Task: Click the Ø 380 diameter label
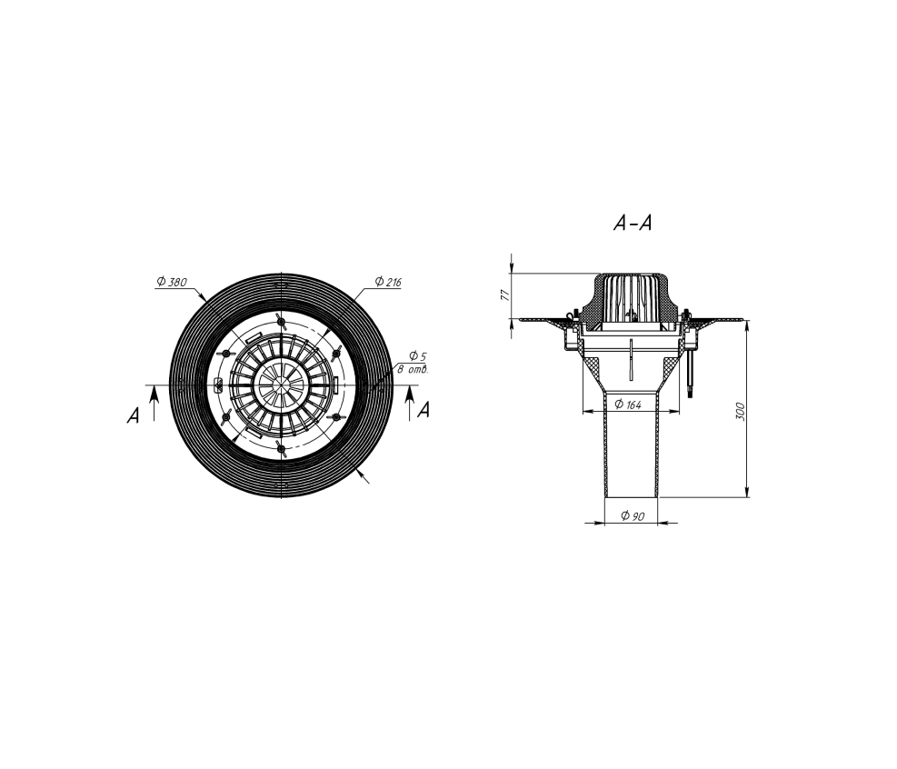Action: coord(172,282)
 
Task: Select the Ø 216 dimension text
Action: coord(388,282)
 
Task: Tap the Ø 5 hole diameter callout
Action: coord(418,356)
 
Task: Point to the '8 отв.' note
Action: coord(413,370)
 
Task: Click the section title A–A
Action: coord(633,223)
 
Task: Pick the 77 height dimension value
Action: coord(504,295)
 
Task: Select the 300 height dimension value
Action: coord(741,412)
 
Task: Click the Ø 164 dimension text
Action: coord(628,405)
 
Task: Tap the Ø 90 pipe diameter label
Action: coord(633,516)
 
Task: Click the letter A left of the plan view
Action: coord(133,415)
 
